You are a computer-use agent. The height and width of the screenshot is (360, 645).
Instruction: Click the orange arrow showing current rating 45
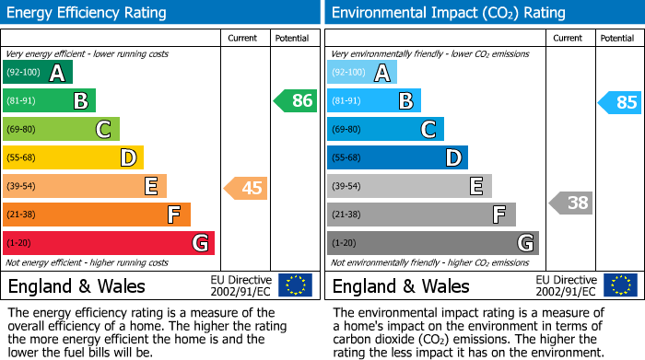point(246,189)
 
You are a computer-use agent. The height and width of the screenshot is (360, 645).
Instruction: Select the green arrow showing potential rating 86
point(296,101)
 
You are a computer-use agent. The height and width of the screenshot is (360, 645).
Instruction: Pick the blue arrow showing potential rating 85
point(619,102)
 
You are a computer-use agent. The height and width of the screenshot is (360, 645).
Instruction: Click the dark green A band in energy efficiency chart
point(38,73)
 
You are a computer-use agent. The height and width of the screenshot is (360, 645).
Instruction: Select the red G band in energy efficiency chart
point(109,243)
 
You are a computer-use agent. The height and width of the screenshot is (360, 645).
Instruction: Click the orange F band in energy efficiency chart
point(97,215)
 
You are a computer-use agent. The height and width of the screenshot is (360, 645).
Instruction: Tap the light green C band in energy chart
point(62,130)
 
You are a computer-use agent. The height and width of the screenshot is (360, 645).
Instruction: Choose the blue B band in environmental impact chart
point(374,101)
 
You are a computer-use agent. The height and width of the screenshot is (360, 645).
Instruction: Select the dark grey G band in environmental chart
point(432,243)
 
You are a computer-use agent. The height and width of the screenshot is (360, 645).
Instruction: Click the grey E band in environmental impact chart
point(409,187)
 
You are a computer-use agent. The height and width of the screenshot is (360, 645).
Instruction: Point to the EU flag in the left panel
point(295,285)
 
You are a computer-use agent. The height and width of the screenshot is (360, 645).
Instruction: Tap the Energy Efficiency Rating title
point(88,13)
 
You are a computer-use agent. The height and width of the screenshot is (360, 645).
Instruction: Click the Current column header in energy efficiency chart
point(243,38)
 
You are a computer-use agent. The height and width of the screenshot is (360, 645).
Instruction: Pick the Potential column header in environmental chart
point(616,38)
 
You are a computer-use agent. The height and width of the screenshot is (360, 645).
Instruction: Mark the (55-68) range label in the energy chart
point(21,158)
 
